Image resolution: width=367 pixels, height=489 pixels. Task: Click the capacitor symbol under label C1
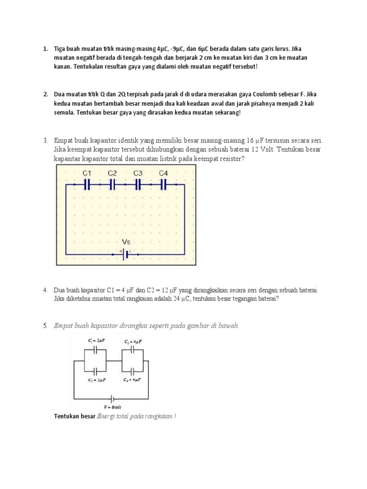(87, 184)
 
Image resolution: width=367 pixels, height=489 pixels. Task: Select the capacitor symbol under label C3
(138, 184)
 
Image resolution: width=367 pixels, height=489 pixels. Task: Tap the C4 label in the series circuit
(163, 173)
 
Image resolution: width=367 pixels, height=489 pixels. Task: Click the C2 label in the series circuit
(112, 173)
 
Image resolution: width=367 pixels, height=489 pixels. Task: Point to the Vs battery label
(127, 242)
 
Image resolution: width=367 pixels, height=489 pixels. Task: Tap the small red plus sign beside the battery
(120, 250)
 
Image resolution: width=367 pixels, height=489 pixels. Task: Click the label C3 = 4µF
(133, 341)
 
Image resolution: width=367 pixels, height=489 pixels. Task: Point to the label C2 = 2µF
(96, 380)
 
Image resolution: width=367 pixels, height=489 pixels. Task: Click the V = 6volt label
(113, 407)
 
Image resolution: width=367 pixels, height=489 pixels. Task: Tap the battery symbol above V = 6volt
(113, 397)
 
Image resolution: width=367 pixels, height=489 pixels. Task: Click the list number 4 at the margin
(44, 290)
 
